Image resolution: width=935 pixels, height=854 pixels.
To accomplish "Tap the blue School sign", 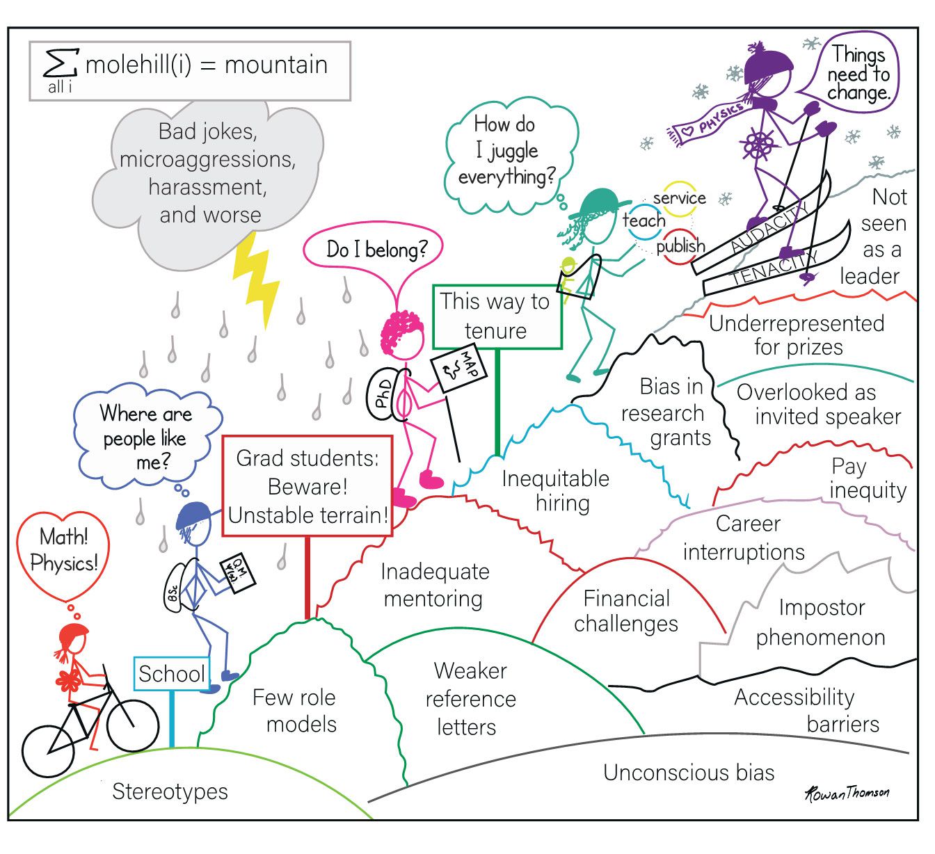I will click(x=171, y=673).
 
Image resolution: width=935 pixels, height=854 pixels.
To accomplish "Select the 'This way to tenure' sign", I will click(x=496, y=316).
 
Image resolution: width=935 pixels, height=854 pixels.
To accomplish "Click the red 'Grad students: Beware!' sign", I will click(x=307, y=486).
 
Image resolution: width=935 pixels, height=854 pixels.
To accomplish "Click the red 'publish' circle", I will click(x=681, y=246).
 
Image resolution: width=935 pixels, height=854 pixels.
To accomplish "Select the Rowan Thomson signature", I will click(x=847, y=793).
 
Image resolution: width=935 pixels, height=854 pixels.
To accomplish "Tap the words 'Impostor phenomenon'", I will click(x=821, y=622).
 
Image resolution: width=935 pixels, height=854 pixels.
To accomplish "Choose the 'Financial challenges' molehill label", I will click(x=626, y=611).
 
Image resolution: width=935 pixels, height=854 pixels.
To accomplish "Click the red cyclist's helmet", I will click(x=74, y=633).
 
